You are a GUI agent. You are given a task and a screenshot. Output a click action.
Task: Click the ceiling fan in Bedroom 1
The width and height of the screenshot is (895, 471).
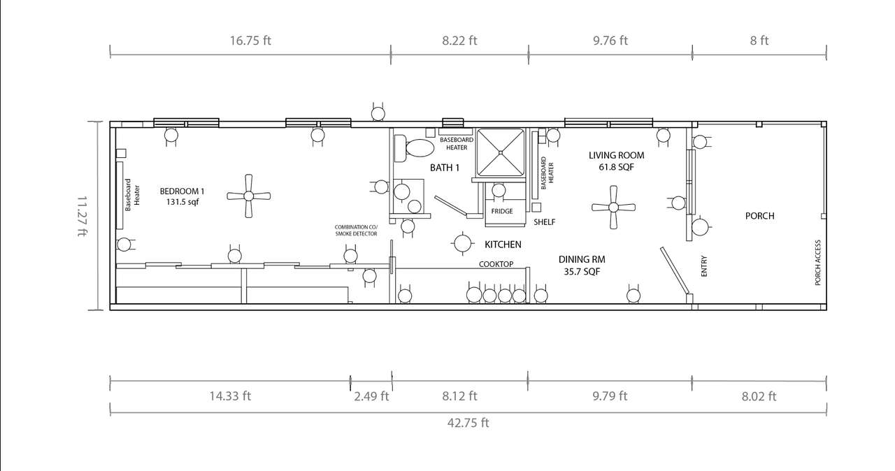click(x=248, y=196)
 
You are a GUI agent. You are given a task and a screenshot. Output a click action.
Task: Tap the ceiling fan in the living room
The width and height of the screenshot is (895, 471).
click(x=613, y=207)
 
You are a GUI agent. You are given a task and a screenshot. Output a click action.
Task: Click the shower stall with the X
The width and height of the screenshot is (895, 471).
click(x=500, y=152)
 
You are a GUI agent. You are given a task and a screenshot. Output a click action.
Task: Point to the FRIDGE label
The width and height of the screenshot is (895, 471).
click(x=502, y=211)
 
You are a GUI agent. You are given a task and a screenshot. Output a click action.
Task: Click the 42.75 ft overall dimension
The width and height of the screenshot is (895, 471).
click(x=468, y=423)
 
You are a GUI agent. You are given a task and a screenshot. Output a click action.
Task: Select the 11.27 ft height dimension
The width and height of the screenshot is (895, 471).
click(x=83, y=216)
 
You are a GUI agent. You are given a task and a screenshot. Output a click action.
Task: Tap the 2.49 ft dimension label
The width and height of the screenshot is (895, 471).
click(x=371, y=396)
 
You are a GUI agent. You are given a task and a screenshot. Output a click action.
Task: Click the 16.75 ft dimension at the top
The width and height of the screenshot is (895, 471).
click(x=250, y=41)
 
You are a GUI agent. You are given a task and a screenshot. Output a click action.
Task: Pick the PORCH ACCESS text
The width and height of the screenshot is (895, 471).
click(x=817, y=262)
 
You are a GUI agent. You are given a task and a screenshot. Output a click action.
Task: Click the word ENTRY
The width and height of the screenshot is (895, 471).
click(x=704, y=266)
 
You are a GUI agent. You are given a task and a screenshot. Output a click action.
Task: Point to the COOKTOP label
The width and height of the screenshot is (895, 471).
click(x=496, y=264)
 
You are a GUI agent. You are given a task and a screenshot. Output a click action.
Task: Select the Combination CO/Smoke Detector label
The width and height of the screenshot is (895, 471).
click(x=356, y=231)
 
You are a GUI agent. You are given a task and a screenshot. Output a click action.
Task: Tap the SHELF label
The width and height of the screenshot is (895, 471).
click(x=544, y=222)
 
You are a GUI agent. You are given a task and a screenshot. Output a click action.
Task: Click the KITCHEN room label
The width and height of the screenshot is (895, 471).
click(x=503, y=245)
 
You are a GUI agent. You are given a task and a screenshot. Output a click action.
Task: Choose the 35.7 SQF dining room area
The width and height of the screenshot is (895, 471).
click(x=582, y=272)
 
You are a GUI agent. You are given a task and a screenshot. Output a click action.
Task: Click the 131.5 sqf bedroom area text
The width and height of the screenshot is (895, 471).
click(x=182, y=202)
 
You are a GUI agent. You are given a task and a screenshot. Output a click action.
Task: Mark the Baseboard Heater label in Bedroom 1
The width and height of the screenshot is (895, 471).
click(x=132, y=195)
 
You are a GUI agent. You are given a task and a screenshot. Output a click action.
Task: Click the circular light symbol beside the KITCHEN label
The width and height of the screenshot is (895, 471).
click(x=462, y=242)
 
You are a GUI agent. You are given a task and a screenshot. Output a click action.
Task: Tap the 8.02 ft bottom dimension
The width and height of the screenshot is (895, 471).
click(x=759, y=396)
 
